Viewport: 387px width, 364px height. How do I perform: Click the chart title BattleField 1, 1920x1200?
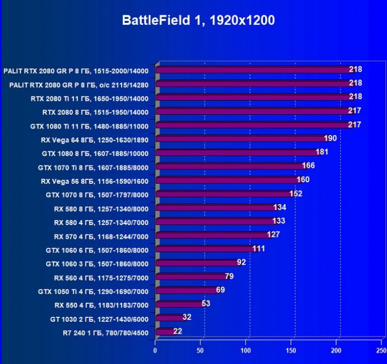click(x=198, y=20)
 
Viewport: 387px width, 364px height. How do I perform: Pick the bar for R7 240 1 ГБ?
click(x=165, y=331)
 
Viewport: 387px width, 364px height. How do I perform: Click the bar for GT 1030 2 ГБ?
click(x=170, y=318)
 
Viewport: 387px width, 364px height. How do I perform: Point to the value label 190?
click(x=330, y=138)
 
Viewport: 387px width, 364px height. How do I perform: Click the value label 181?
click(x=322, y=152)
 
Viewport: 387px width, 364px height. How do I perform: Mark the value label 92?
click(x=241, y=262)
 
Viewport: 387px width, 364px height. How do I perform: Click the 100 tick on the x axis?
click(x=246, y=351)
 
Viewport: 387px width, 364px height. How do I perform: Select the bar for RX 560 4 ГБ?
click(x=191, y=276)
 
